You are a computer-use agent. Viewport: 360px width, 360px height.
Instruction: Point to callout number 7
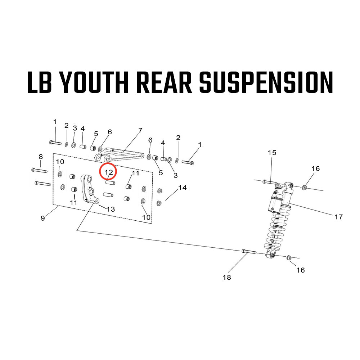[140, 130]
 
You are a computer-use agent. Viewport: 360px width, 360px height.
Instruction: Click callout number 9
[43, 218]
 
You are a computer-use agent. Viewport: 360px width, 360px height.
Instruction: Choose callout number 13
[111, 209]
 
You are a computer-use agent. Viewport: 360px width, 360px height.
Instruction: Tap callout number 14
[183, 188]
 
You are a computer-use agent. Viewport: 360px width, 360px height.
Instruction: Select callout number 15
[272, 153]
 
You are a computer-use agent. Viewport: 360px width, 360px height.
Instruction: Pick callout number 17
[338, 217]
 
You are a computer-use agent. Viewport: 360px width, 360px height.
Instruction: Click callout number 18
[227, 277]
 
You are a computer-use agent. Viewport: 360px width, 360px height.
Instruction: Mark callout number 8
[41, 157]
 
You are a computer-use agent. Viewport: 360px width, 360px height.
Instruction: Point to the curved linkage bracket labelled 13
[89, 189]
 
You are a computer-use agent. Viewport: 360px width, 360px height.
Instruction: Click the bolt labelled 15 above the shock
[270, 182]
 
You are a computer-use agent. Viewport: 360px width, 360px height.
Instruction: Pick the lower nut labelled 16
[289, 258]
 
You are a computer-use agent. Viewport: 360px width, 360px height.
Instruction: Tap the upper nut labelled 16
[305, 187]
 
